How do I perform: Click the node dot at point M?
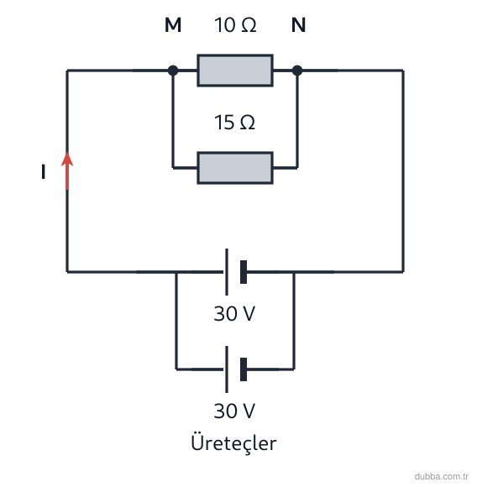pos(173,71)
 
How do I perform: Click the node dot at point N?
pos(297,71)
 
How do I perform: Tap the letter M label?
pos(173,25)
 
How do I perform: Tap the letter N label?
pos(298,25)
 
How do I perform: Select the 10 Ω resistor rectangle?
pos(235,71)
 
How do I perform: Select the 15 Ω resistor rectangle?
pos(235,168)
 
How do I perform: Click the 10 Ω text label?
pos(235,25)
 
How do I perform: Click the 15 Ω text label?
pos(234,122)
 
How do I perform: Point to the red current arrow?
pos(67,170)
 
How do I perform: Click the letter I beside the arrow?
pos(44,172)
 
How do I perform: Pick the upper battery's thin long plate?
pos(227,272)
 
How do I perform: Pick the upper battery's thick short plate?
pos(244,272)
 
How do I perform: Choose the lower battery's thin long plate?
pos(227,369)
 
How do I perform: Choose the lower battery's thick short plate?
pos(244,369)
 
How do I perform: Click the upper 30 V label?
pos(234,313)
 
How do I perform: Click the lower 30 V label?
pos(234,411)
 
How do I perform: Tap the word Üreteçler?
pos(233,442)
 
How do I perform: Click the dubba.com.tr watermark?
pos(441,476)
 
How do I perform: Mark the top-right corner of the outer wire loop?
pos(403,71)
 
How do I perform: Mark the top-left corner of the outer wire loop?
pos(67,71)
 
